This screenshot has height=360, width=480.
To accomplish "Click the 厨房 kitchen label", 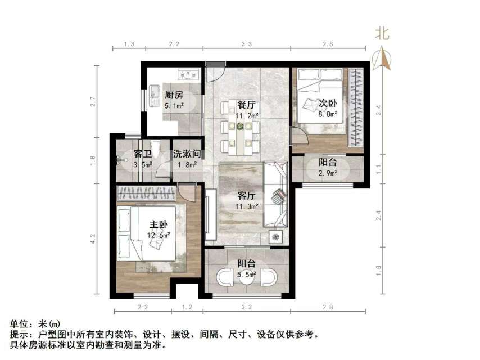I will (x=174, y=94).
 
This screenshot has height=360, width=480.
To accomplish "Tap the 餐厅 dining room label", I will (x=247, y=105).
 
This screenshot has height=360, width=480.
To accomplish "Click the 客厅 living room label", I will (x=247, y=196).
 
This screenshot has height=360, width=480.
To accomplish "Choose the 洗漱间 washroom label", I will (x=187, y=154).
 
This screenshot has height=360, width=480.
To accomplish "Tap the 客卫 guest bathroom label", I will (x=143, y=154).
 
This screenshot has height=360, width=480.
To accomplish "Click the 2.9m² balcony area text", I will (x=328, y=173).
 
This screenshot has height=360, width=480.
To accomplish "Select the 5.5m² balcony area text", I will (x=247, y=274).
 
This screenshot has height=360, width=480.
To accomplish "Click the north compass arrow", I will (x=383, y=58).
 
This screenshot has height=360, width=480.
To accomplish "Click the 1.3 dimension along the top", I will (x=129, y=44).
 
